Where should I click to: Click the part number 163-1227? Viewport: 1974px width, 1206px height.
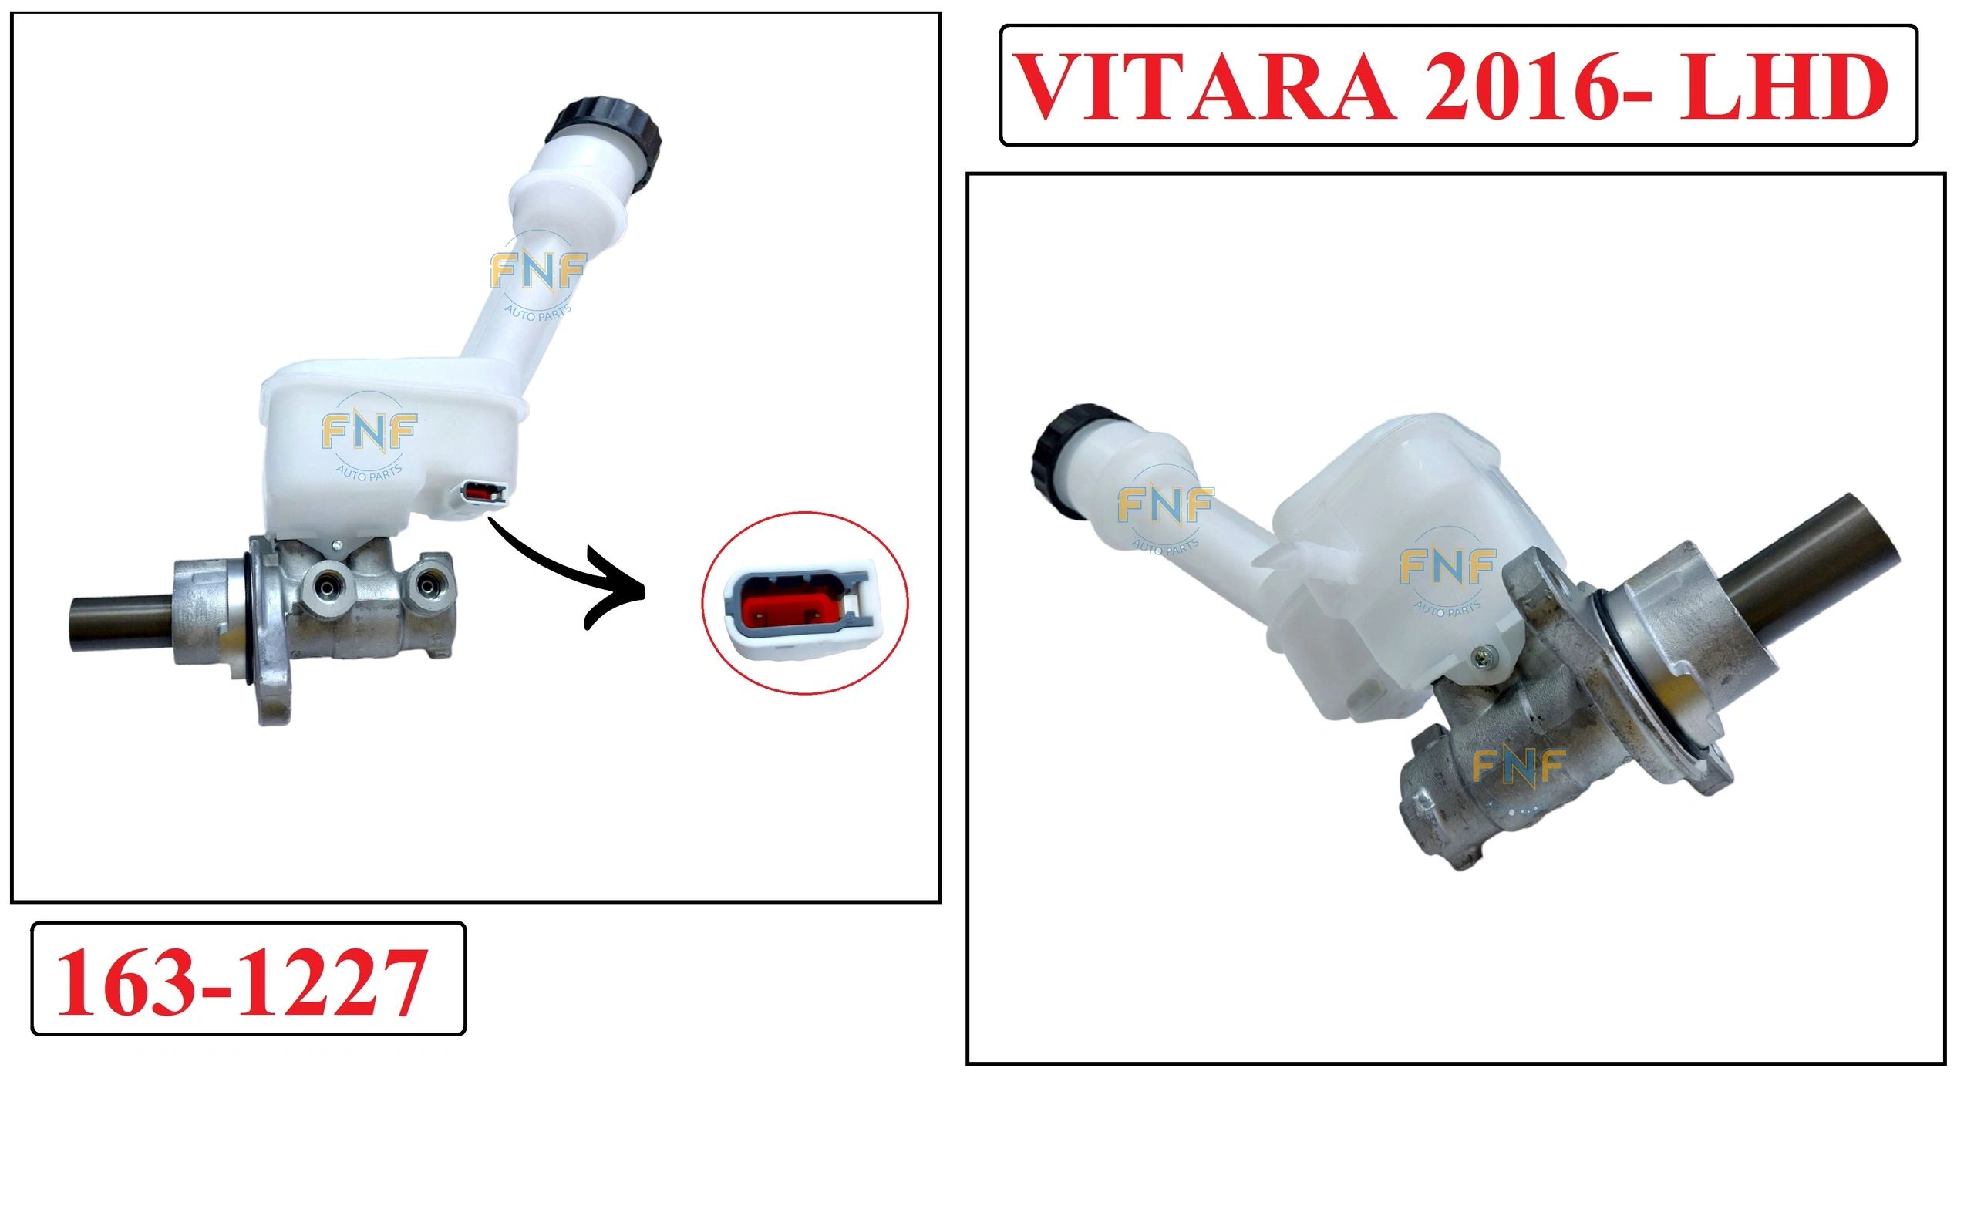(x=241, y=982)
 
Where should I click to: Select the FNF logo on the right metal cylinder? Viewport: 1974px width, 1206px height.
(x=1518, y=767)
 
